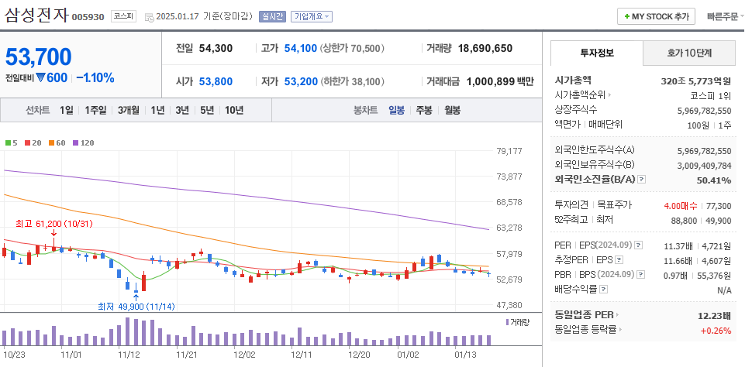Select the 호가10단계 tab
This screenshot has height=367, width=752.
[689, 53]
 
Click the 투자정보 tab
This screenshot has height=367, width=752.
[596, 53]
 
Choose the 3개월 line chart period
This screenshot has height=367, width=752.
[129, 110]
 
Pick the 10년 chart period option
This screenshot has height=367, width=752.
[233, 110]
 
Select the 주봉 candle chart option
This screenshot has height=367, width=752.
[424, 110]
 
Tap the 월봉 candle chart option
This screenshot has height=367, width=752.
[451, 110]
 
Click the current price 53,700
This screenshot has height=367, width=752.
[39, 57]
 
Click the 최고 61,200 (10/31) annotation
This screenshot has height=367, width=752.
[54, 223]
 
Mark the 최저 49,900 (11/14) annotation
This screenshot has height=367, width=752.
[136, 306]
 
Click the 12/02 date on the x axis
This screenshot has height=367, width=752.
[244, 355]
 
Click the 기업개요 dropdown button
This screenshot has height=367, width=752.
[312, 16]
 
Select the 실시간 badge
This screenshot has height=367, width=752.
[272, 16]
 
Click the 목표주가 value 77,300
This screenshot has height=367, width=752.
[719, 205]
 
